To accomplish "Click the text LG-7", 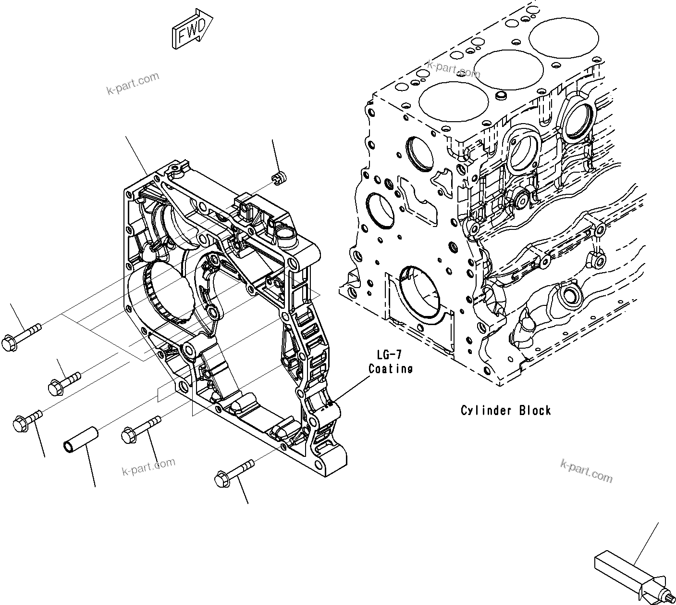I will click(389, 355).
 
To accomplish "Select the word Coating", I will click(391, 369).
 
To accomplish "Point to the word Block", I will click(535, 410).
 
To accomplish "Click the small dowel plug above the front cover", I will click(278, 177).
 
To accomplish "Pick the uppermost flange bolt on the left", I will click(22, 337).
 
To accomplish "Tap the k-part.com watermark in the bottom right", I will click(586, 470).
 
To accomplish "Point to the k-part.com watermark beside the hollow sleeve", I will click(148, 466).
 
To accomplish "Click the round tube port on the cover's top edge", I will click(283, 235).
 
